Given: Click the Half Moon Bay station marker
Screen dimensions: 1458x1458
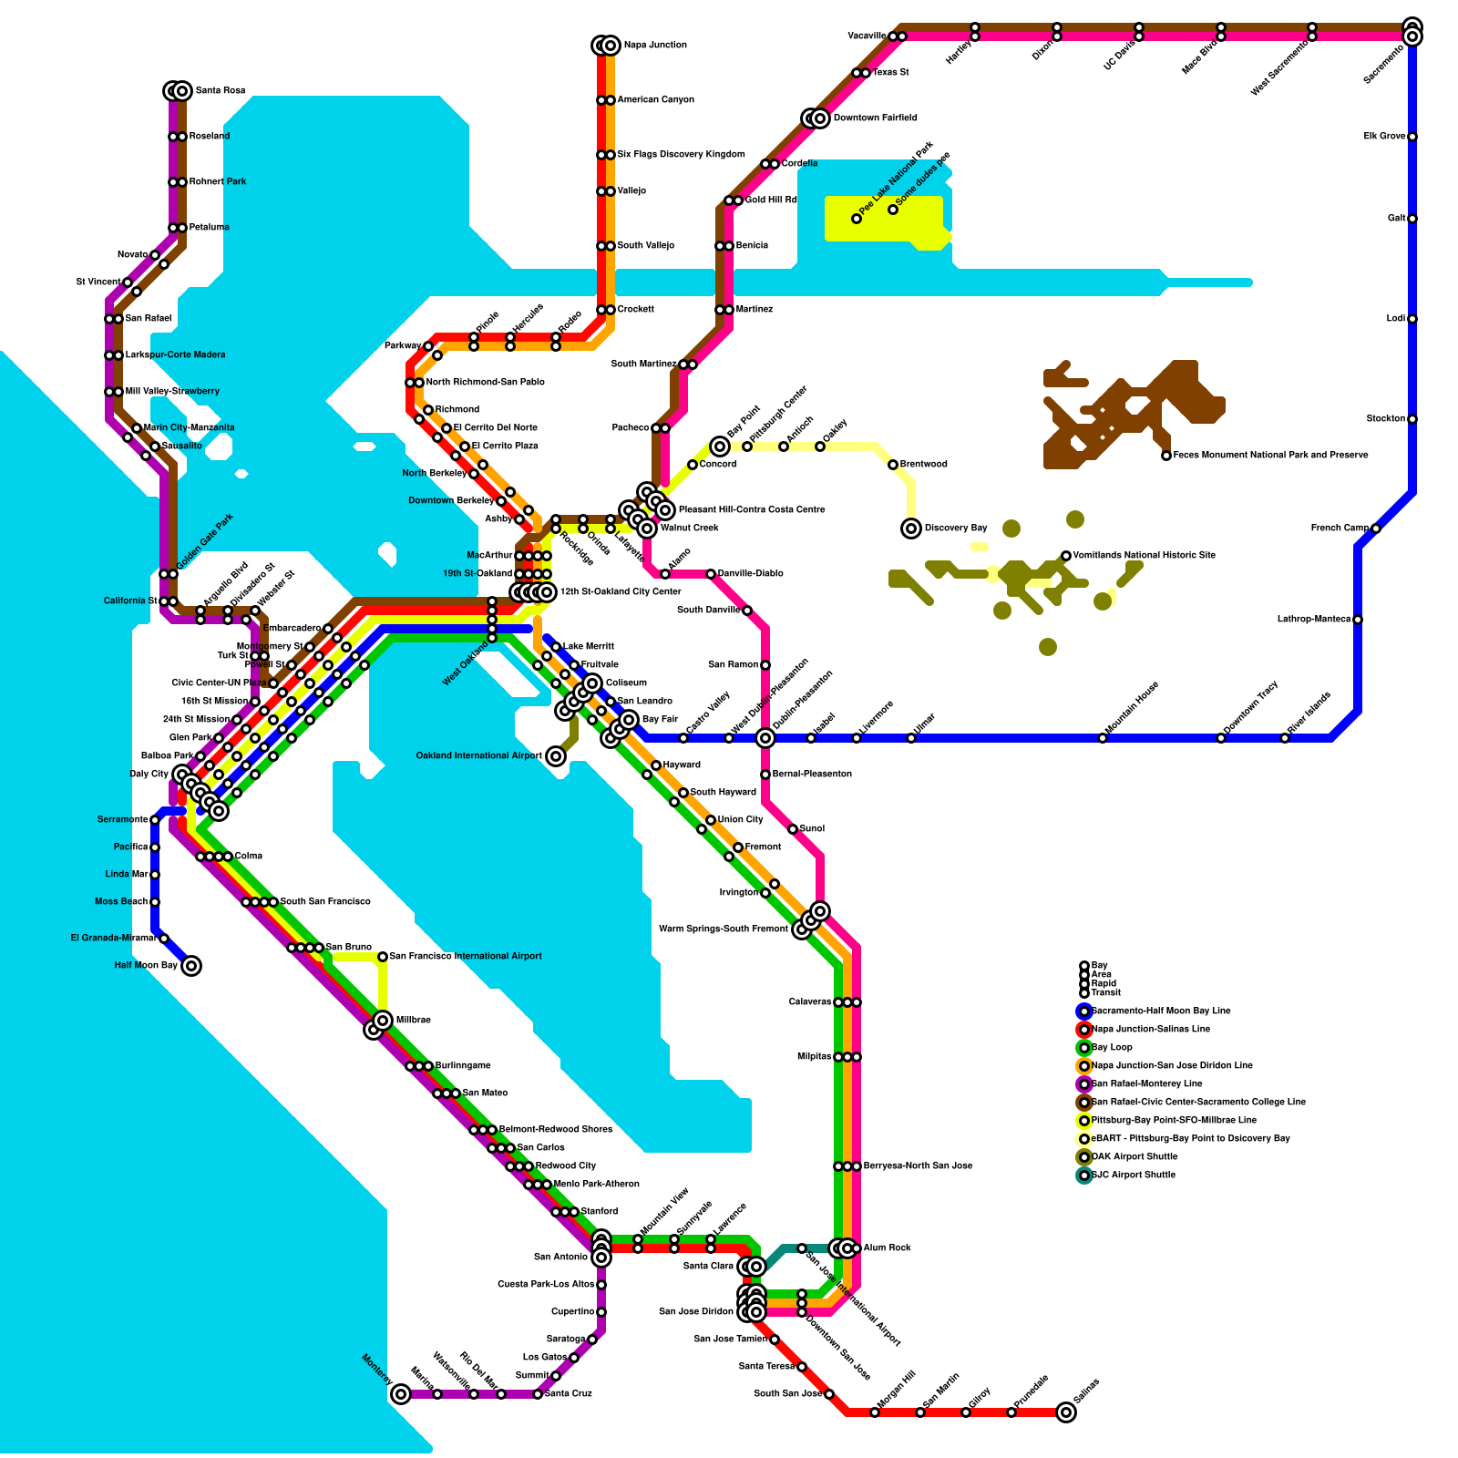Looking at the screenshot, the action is [191, 966].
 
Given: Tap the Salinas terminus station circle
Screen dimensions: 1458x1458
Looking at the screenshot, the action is [1066, 1412].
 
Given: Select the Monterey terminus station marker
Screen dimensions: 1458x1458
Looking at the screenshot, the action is [401, 1394].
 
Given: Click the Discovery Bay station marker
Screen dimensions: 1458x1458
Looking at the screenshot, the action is [911, 529].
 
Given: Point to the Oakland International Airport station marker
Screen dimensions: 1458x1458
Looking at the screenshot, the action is [556, 756].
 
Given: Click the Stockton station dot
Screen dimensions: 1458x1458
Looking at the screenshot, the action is [1412, 419].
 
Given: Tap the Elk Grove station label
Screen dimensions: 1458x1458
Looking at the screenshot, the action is [1384, 137].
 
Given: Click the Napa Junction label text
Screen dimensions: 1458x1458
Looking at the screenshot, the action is [655, 46].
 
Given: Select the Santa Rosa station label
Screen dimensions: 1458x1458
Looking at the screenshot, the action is [221, 91].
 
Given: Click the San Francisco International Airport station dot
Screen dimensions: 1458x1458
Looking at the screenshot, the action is [383, 957].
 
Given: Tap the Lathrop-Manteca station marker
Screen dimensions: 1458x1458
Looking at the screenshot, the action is [1358, 620].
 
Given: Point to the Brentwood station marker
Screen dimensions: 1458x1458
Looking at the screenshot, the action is [893, 465].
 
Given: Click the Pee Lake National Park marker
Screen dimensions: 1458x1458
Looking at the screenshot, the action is [857, 219].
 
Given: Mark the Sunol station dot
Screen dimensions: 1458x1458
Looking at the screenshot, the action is [793, 829].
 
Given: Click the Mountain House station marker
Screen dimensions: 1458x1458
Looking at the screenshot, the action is [1103, 738].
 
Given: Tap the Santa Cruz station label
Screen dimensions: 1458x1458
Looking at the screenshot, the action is [569, 1394].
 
